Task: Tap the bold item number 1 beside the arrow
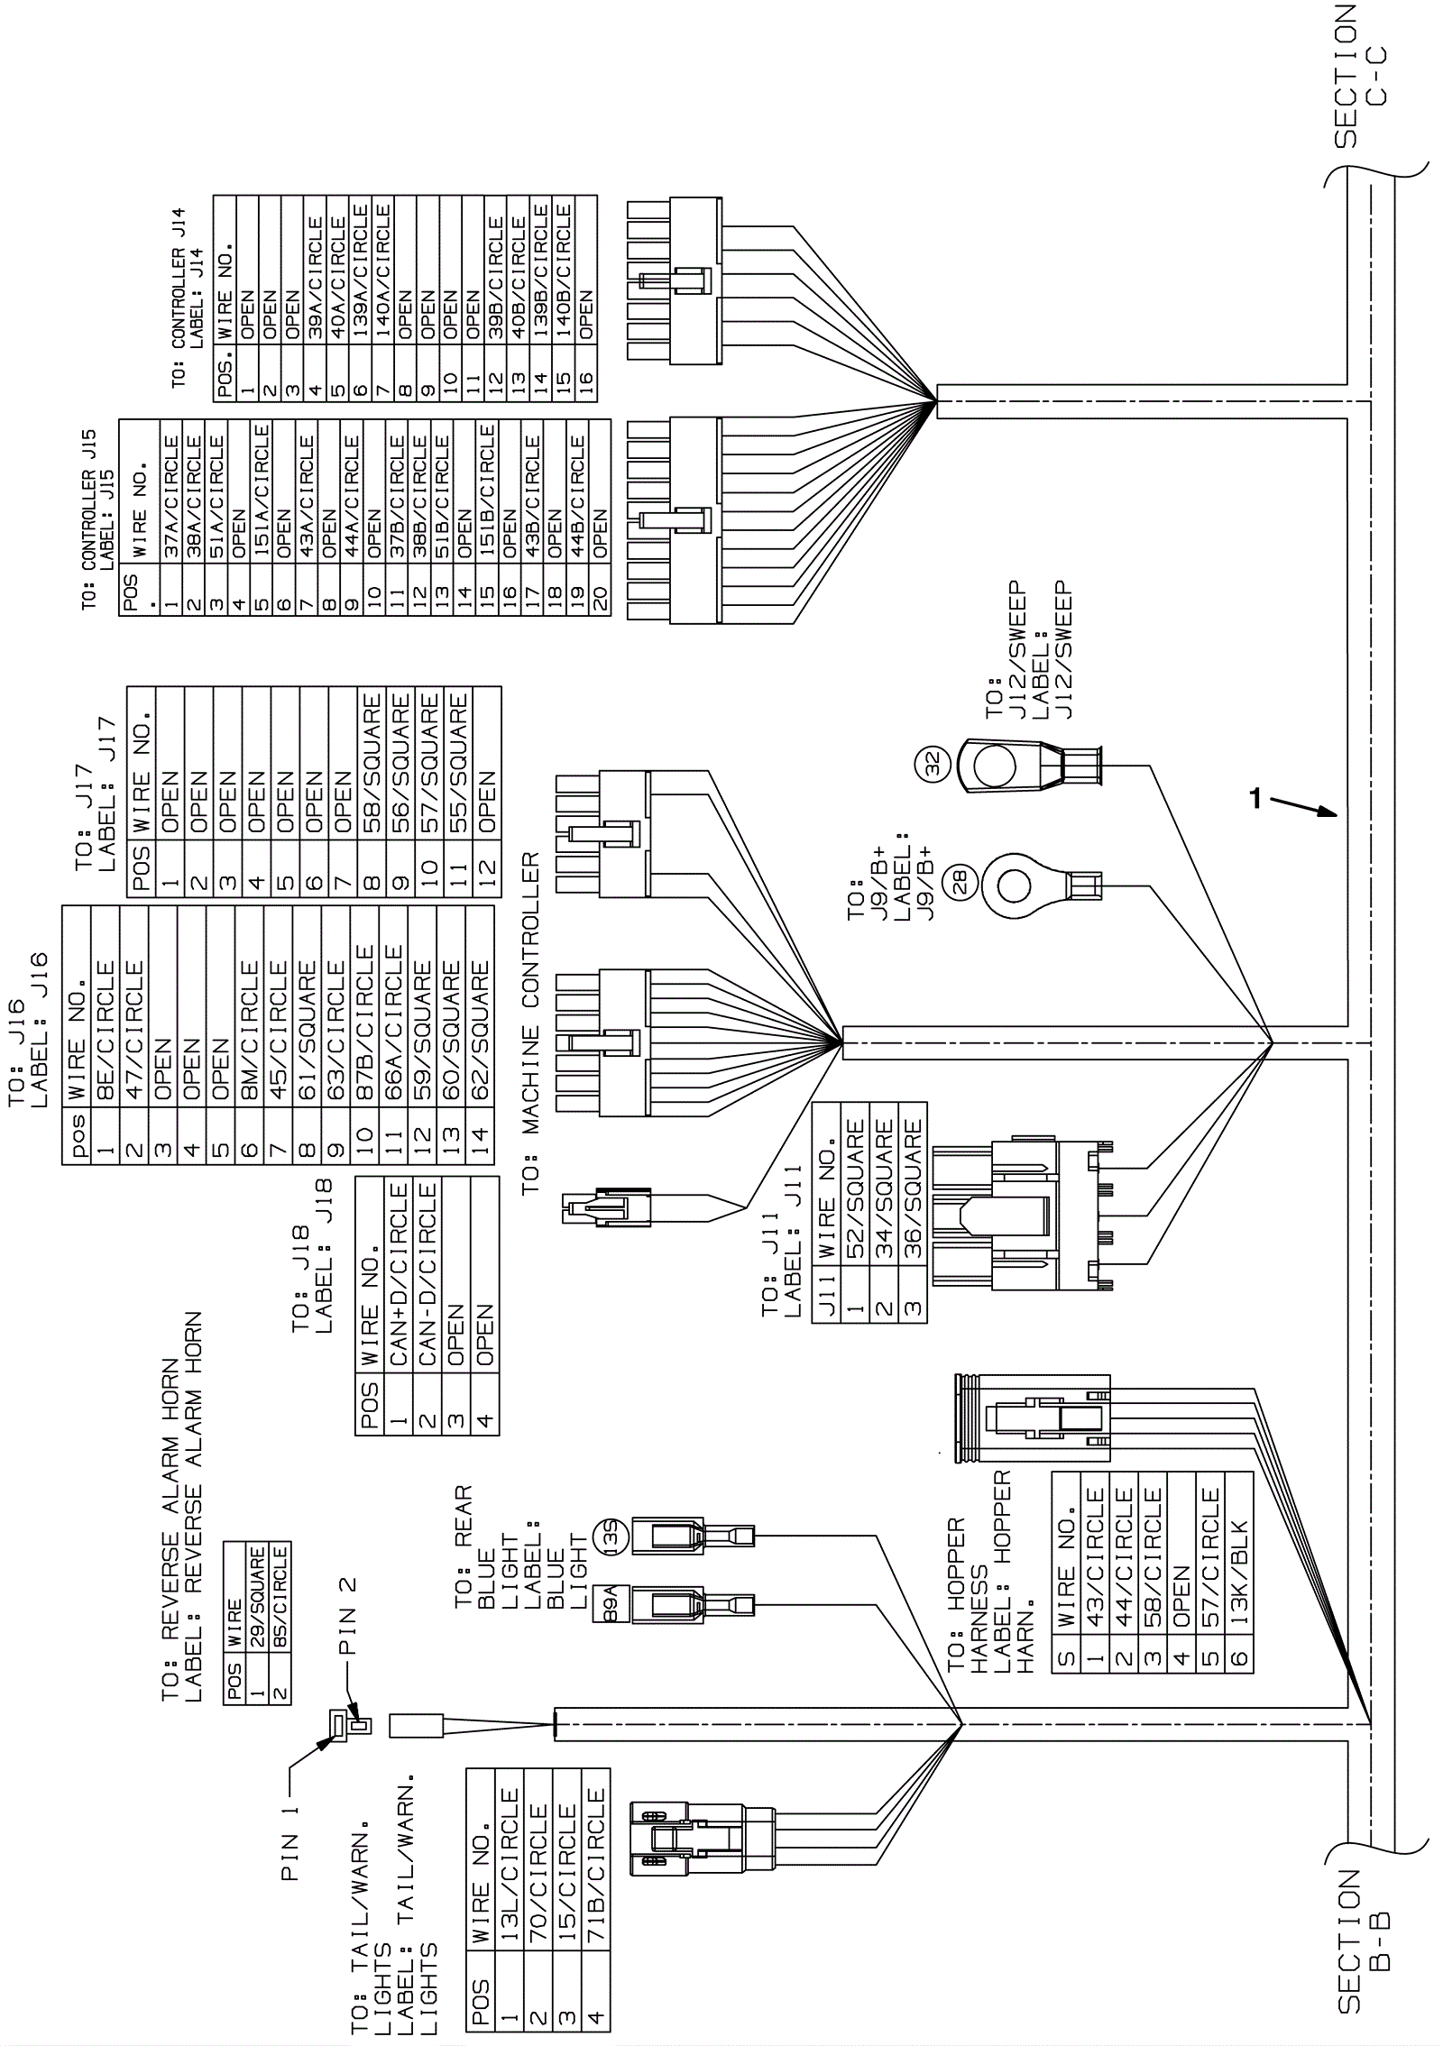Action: pos(1255,797)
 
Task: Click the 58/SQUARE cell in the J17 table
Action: pos(371,746)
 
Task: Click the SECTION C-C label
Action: pos(1359,77)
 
